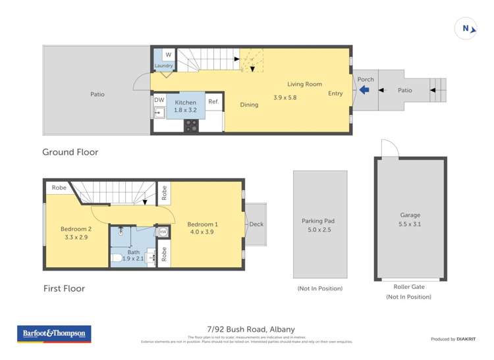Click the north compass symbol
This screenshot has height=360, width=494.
466,28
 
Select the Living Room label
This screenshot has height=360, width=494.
304,84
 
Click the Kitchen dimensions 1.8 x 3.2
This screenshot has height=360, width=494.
185,111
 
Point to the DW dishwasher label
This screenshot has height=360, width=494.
159,100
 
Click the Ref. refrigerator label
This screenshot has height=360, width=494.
213,101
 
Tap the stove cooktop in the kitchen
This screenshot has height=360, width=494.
191,126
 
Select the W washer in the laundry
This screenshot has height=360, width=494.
168,55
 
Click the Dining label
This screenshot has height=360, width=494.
249,105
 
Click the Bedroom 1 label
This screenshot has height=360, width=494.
202,224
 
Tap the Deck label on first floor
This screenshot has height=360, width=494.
256,224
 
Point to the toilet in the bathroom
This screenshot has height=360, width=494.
117,257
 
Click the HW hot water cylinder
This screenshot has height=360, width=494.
162,232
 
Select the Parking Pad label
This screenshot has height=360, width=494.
319,221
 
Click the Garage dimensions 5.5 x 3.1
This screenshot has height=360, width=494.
410,224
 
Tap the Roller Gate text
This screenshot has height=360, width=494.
409,286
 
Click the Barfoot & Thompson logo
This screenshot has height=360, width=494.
54,334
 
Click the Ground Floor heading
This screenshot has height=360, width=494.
70,152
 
